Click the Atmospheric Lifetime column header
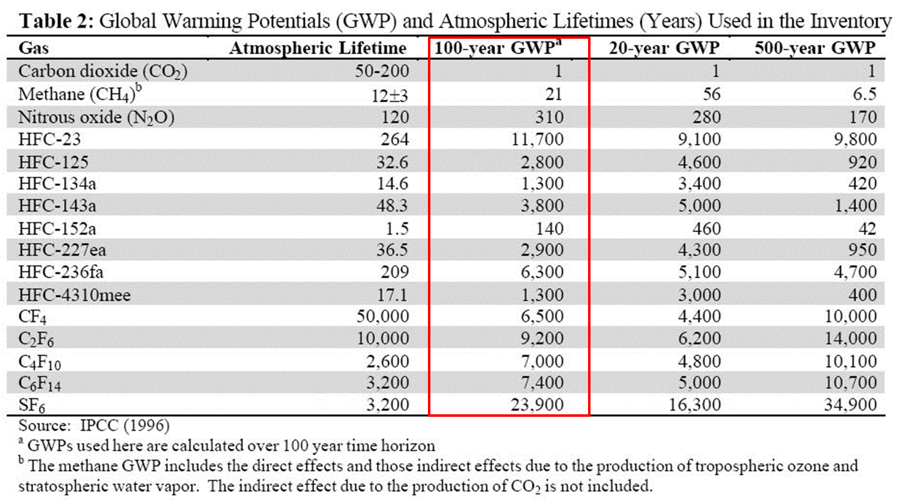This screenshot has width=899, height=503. coord(317,48)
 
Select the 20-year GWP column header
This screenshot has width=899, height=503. coord(664,48)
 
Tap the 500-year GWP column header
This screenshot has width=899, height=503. coord(815,48)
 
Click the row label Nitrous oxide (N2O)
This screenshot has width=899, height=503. coord(96,117)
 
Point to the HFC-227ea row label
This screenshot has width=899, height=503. coord(62,250)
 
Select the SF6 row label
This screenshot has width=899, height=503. coord(31,405)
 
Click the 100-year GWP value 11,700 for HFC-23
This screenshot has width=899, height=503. coord(537,139)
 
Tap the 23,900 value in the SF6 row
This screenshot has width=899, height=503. coord(537,404)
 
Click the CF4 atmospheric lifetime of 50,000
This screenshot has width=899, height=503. coord(382,316)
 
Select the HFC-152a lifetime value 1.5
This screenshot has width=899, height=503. coord(397,228)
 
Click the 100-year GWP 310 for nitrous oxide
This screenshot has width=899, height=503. coord(549,117)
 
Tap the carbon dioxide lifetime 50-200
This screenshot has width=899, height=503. coord(382,71)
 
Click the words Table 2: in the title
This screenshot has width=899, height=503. coord(56,22)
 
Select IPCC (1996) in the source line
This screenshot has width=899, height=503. coord(124,425)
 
